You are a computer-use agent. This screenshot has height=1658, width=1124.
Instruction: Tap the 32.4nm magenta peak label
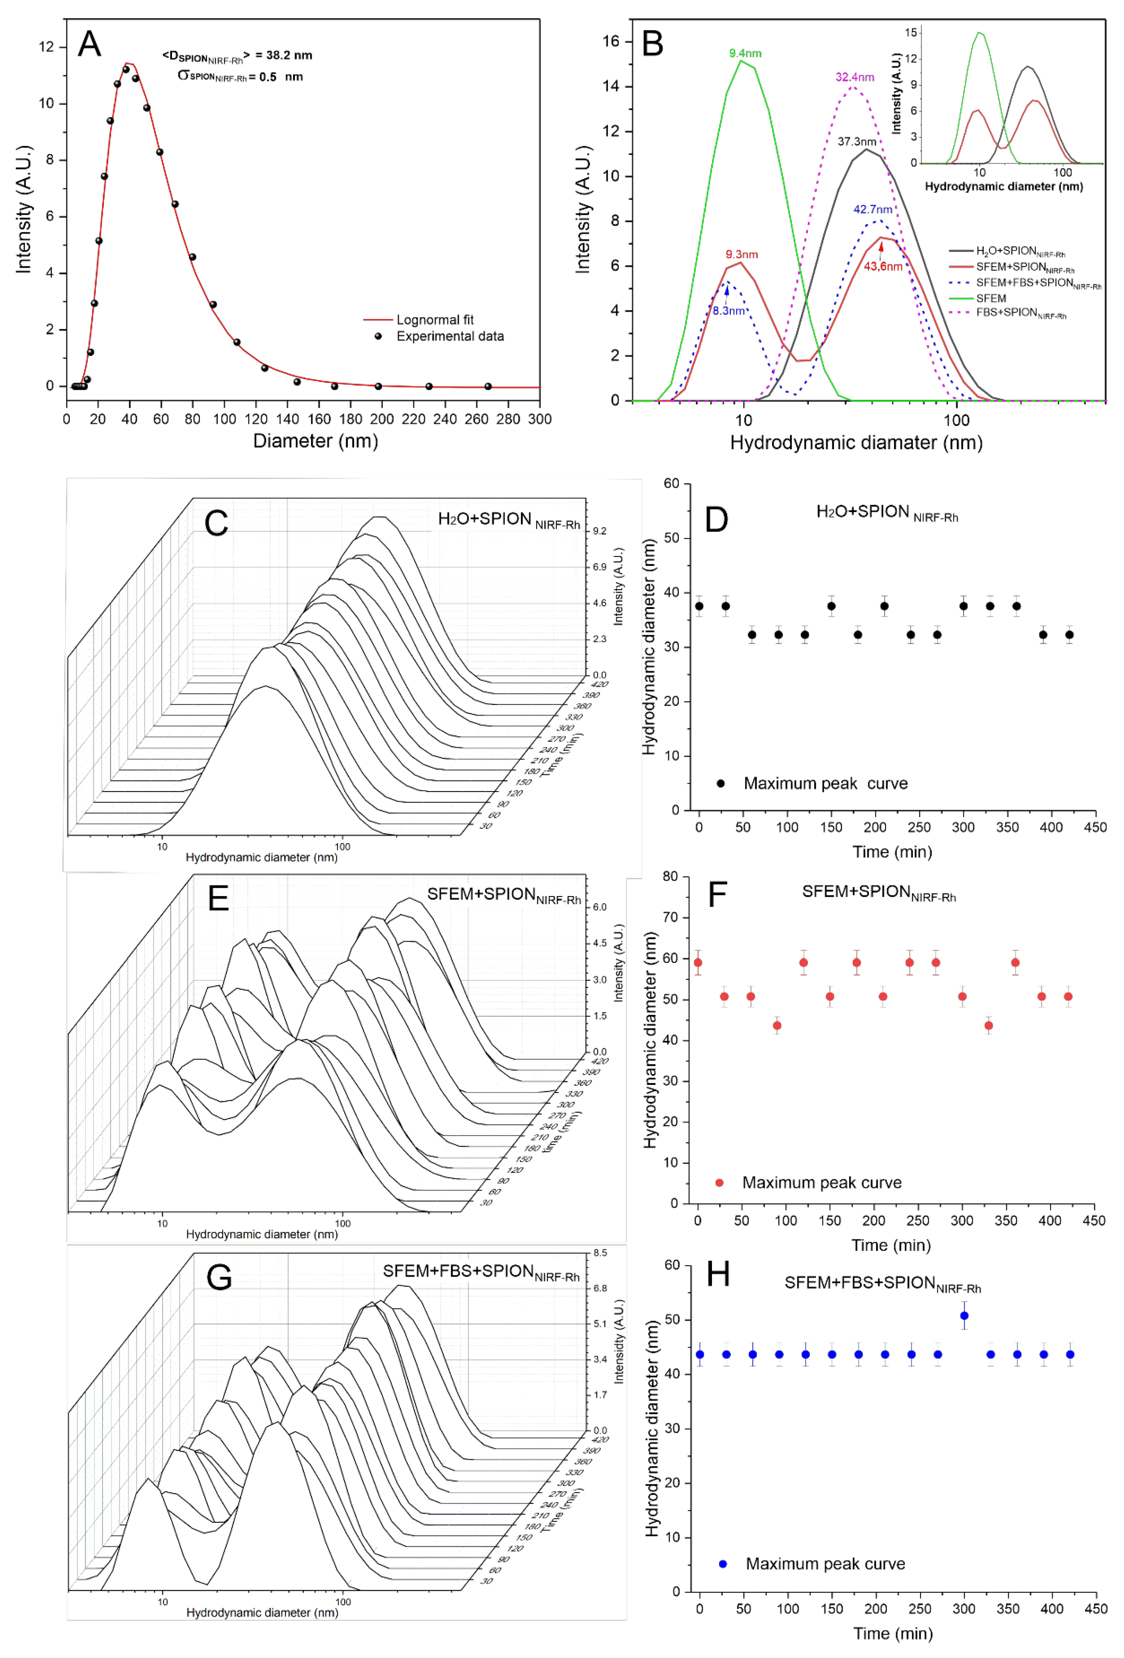pyautogui.click(x=855, y=77)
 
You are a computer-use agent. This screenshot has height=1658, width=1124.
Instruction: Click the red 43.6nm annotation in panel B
pyautogui.click(x=883, y=266)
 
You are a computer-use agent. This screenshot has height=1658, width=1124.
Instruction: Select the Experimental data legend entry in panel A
pyautogui.click(x=449, y=336)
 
